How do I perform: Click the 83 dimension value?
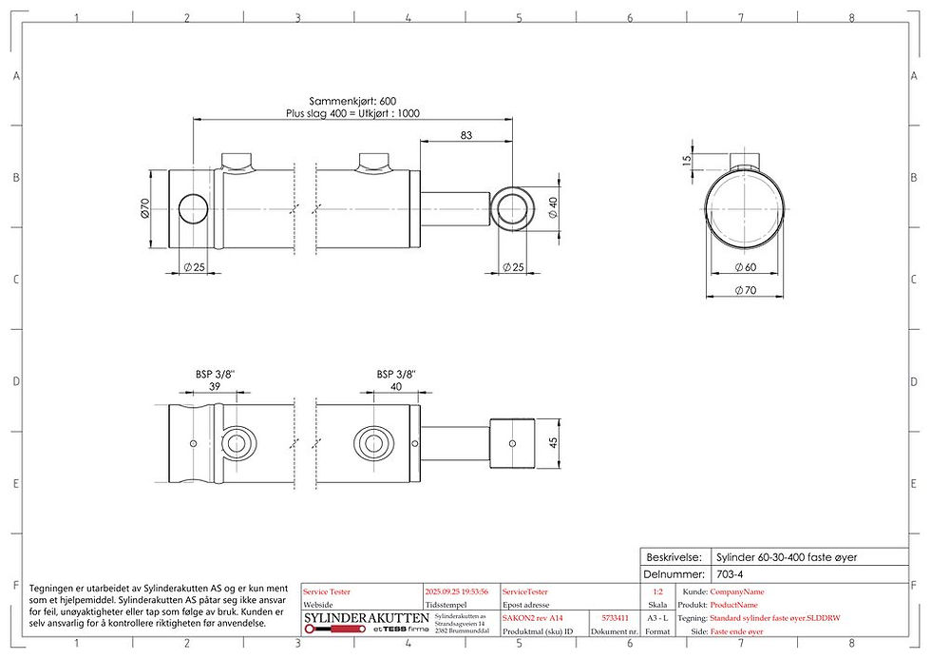point(465,136)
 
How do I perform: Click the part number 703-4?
point(730,574)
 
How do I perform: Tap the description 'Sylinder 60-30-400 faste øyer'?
point(786,557)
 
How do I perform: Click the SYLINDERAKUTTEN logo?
point(365,620)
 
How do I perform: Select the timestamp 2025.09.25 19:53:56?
point(458,591)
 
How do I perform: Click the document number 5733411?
point(615,618)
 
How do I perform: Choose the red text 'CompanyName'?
point(737,591)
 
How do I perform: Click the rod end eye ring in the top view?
point(515,206)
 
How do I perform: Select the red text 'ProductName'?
point(733,605)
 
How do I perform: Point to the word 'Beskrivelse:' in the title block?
point(674,557)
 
